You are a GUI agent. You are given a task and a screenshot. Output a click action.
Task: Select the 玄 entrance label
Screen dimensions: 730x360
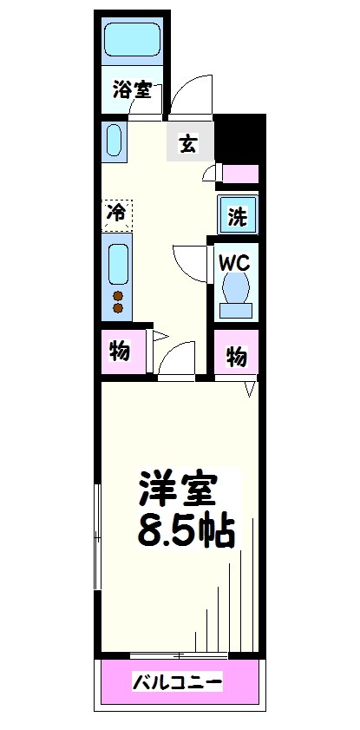(188, 145)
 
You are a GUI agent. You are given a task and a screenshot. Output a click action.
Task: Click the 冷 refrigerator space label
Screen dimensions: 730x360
(115, 212)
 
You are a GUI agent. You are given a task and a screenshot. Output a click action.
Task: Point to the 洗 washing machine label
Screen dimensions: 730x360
(236, 218)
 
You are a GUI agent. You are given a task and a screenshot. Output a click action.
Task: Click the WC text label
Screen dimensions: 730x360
(234, 260)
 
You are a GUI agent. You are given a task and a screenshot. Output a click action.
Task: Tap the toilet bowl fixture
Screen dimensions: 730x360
(235, 290)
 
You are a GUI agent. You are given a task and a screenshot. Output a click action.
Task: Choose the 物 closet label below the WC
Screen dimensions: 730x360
(236, 356)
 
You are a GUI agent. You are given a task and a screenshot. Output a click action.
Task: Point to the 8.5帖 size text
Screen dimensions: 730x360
(186, 530)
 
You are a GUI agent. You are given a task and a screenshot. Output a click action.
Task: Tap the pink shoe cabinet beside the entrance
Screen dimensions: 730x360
(240, 173)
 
